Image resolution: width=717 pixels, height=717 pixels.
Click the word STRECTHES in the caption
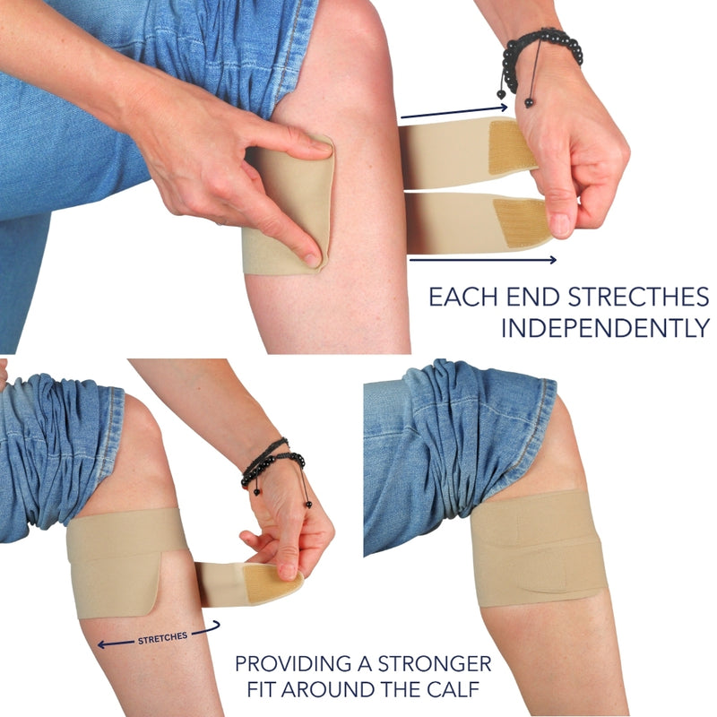(x=638, y=298)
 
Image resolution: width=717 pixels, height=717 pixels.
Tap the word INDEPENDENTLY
(x=606, y=328)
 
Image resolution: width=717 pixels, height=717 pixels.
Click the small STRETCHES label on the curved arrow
(x=163, y=638)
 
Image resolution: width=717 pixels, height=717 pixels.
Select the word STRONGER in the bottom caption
(x=435, y=663)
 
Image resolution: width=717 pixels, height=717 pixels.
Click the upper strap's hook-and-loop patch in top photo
(x=512, y=146)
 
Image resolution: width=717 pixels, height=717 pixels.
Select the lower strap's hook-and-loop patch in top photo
(x=522, y=222)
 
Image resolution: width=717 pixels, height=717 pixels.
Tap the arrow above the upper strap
(x=454, y=113)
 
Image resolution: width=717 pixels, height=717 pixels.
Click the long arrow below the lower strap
(x=482, y=260)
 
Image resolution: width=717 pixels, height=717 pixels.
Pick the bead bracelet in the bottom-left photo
(x=274, y=469)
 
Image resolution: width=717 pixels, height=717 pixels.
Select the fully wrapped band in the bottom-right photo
(x=539, y=549)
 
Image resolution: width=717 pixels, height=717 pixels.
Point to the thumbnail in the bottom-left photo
(x=288, y=570)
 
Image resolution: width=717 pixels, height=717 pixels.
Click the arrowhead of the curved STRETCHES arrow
(x=101, y=644)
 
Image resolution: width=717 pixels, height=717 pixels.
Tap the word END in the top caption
(x=532, y=298)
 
